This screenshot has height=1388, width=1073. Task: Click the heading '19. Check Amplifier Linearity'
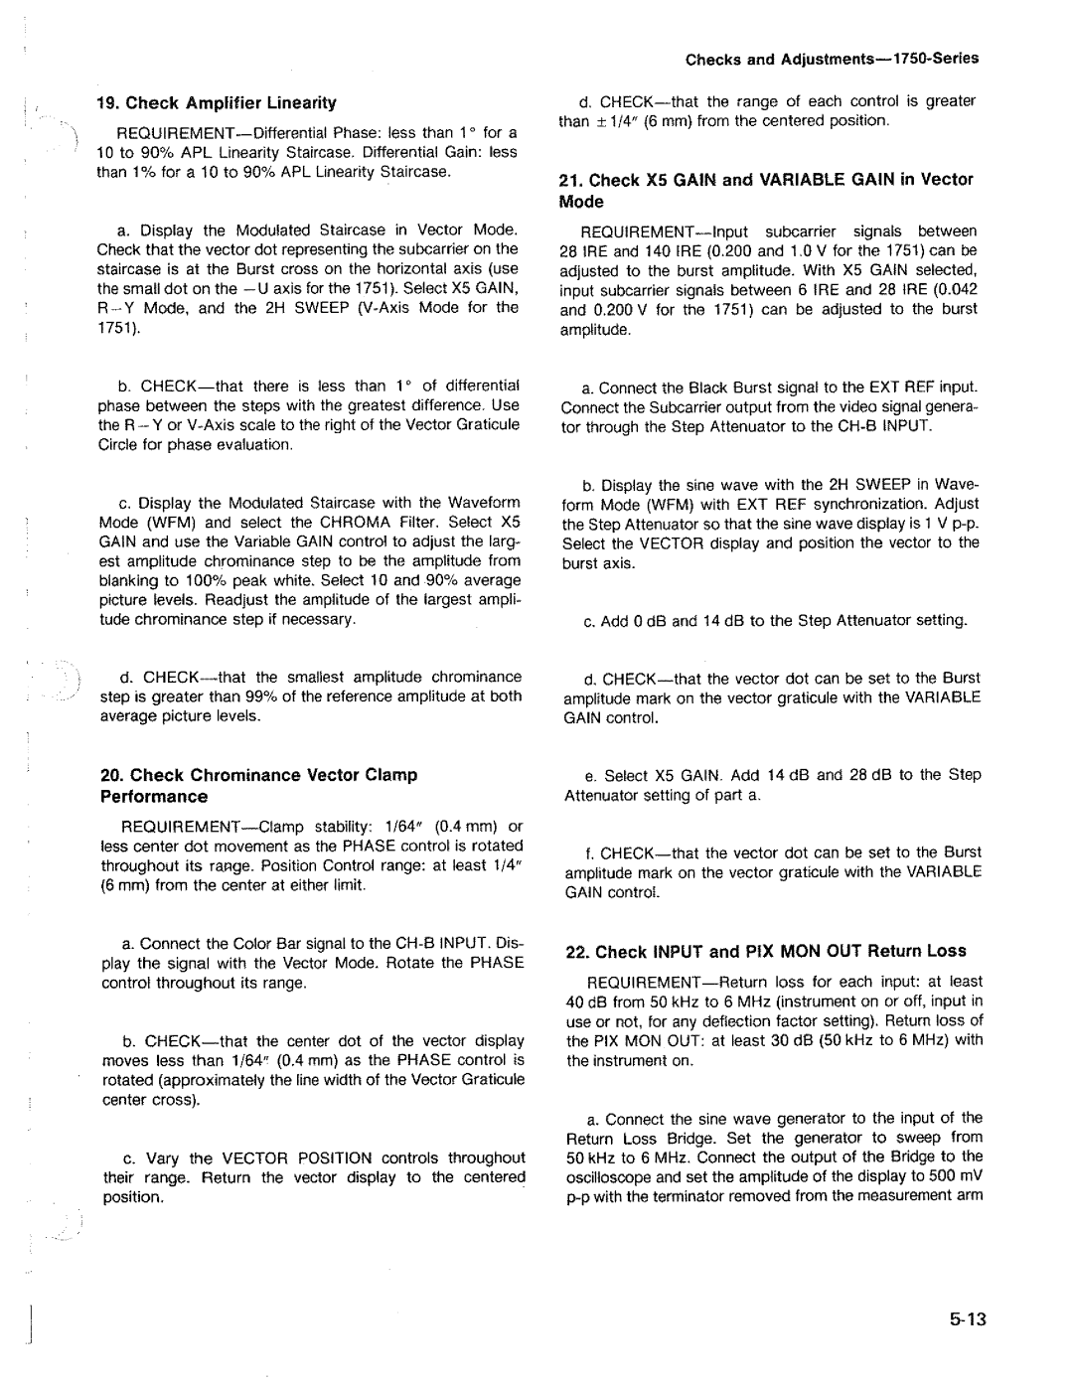(217, 102)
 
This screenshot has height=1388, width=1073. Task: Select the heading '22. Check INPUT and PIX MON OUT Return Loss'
(766, 951)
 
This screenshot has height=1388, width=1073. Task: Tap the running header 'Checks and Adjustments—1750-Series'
(833, 59)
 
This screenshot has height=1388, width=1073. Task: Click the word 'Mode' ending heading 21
(581, 202)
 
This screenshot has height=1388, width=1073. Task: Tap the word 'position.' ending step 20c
(132, 1197)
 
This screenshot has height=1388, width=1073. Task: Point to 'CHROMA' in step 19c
(335, 522)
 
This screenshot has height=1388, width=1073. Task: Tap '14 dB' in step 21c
(691, 621)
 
